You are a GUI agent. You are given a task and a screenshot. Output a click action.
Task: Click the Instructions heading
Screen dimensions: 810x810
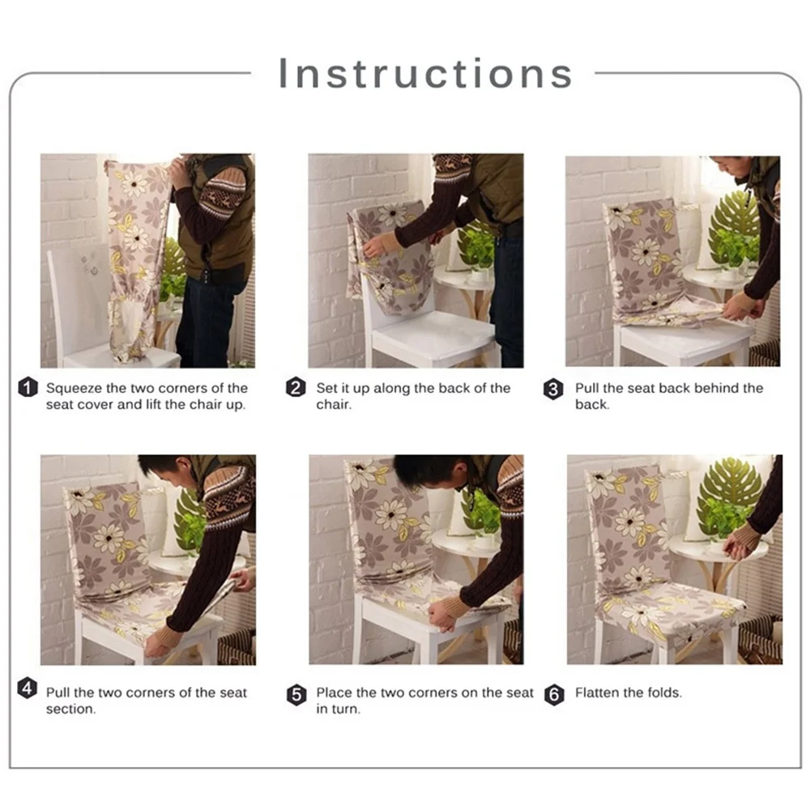click(425, 74)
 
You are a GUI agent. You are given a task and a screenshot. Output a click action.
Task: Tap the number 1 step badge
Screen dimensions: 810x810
click(28, 387)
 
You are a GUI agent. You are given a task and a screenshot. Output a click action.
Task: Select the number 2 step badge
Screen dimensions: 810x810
click(296, 387)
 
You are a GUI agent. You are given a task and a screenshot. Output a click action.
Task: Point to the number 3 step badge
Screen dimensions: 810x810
click(553, 389)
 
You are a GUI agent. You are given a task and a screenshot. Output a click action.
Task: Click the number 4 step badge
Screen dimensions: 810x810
click(28, 688)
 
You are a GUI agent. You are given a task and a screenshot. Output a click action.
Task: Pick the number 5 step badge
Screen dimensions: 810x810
click(296, 695)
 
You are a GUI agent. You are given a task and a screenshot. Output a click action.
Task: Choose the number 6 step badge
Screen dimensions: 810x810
click(554, 695)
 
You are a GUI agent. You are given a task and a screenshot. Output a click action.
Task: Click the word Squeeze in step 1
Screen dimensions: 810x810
click(74, 389)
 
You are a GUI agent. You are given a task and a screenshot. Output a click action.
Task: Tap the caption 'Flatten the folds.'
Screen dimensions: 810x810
click(629, 693)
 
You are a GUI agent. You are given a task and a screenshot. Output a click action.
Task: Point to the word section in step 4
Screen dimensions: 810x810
click(70, 709)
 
